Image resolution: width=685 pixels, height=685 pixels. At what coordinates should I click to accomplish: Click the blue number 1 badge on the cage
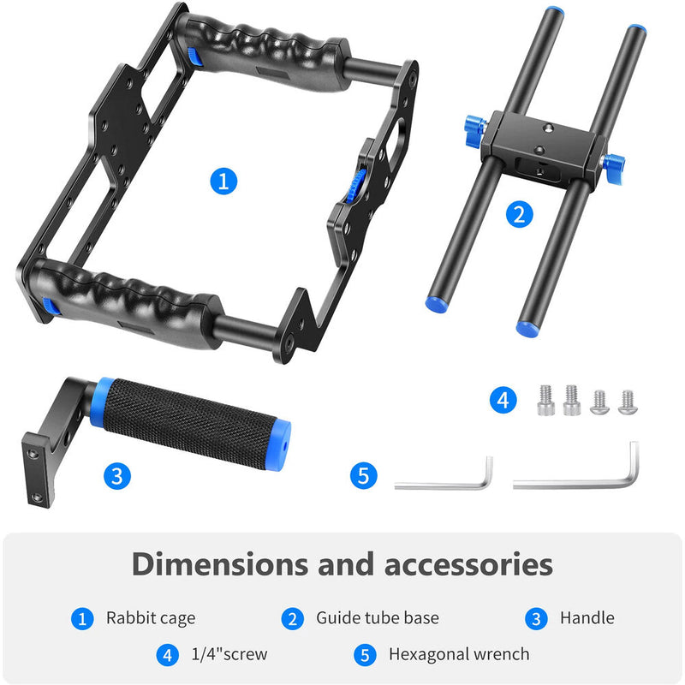point(223,181)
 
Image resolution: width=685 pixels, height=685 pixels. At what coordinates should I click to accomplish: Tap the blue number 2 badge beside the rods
point(518,213)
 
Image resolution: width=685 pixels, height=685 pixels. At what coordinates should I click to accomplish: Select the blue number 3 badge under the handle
point(118,476)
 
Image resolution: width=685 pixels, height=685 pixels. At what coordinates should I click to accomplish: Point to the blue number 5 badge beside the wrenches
point(364,476)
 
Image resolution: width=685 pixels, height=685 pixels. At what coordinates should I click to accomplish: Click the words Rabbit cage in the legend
point(151,617)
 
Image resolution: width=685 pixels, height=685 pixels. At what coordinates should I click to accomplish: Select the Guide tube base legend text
point(377,617)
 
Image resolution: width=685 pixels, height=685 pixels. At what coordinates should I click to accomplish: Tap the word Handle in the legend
point(587,617)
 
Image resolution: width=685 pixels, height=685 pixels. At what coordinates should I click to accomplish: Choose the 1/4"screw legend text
point(229,654)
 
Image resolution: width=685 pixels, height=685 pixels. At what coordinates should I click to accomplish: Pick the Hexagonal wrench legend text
point(459,654)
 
